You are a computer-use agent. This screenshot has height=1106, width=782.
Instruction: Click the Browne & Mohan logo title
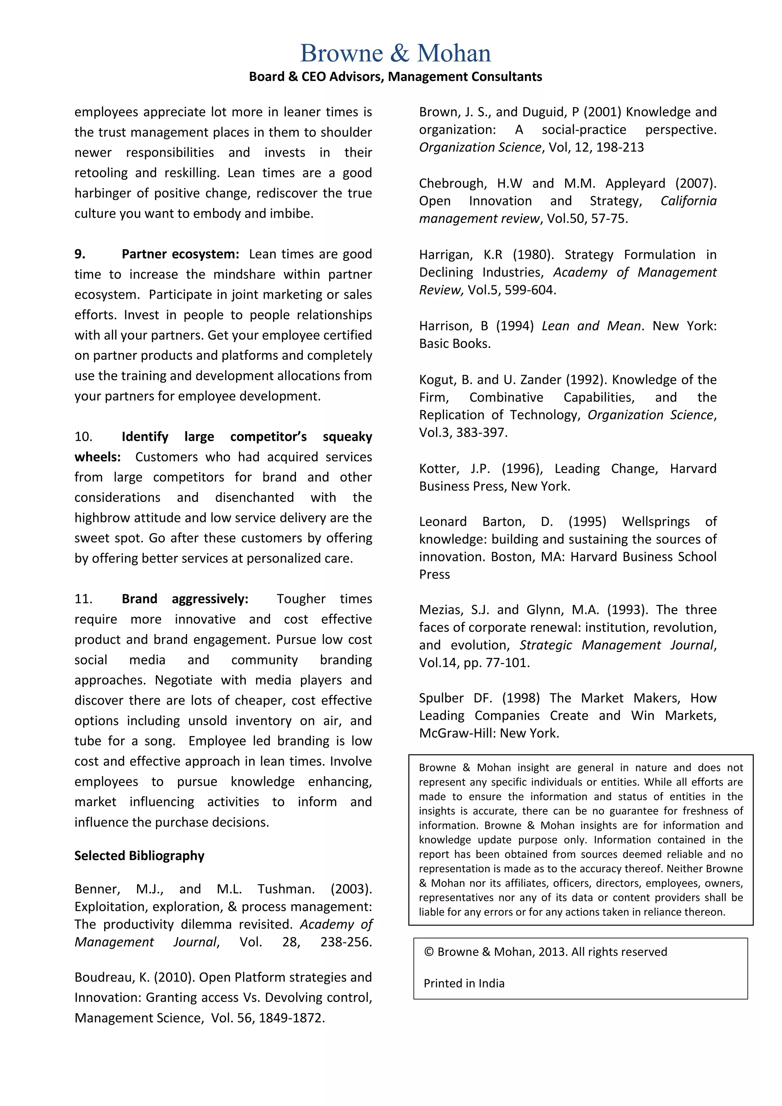395,53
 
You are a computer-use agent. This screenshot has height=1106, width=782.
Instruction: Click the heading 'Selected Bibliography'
139,855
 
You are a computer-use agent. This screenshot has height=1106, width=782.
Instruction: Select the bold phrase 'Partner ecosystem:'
180,254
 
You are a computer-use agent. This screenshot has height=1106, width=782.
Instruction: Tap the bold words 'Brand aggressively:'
185,599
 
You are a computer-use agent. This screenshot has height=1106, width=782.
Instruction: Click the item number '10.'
83,437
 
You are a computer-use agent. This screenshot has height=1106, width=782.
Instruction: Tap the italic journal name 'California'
688,201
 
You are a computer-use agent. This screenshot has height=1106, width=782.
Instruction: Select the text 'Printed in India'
464,983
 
